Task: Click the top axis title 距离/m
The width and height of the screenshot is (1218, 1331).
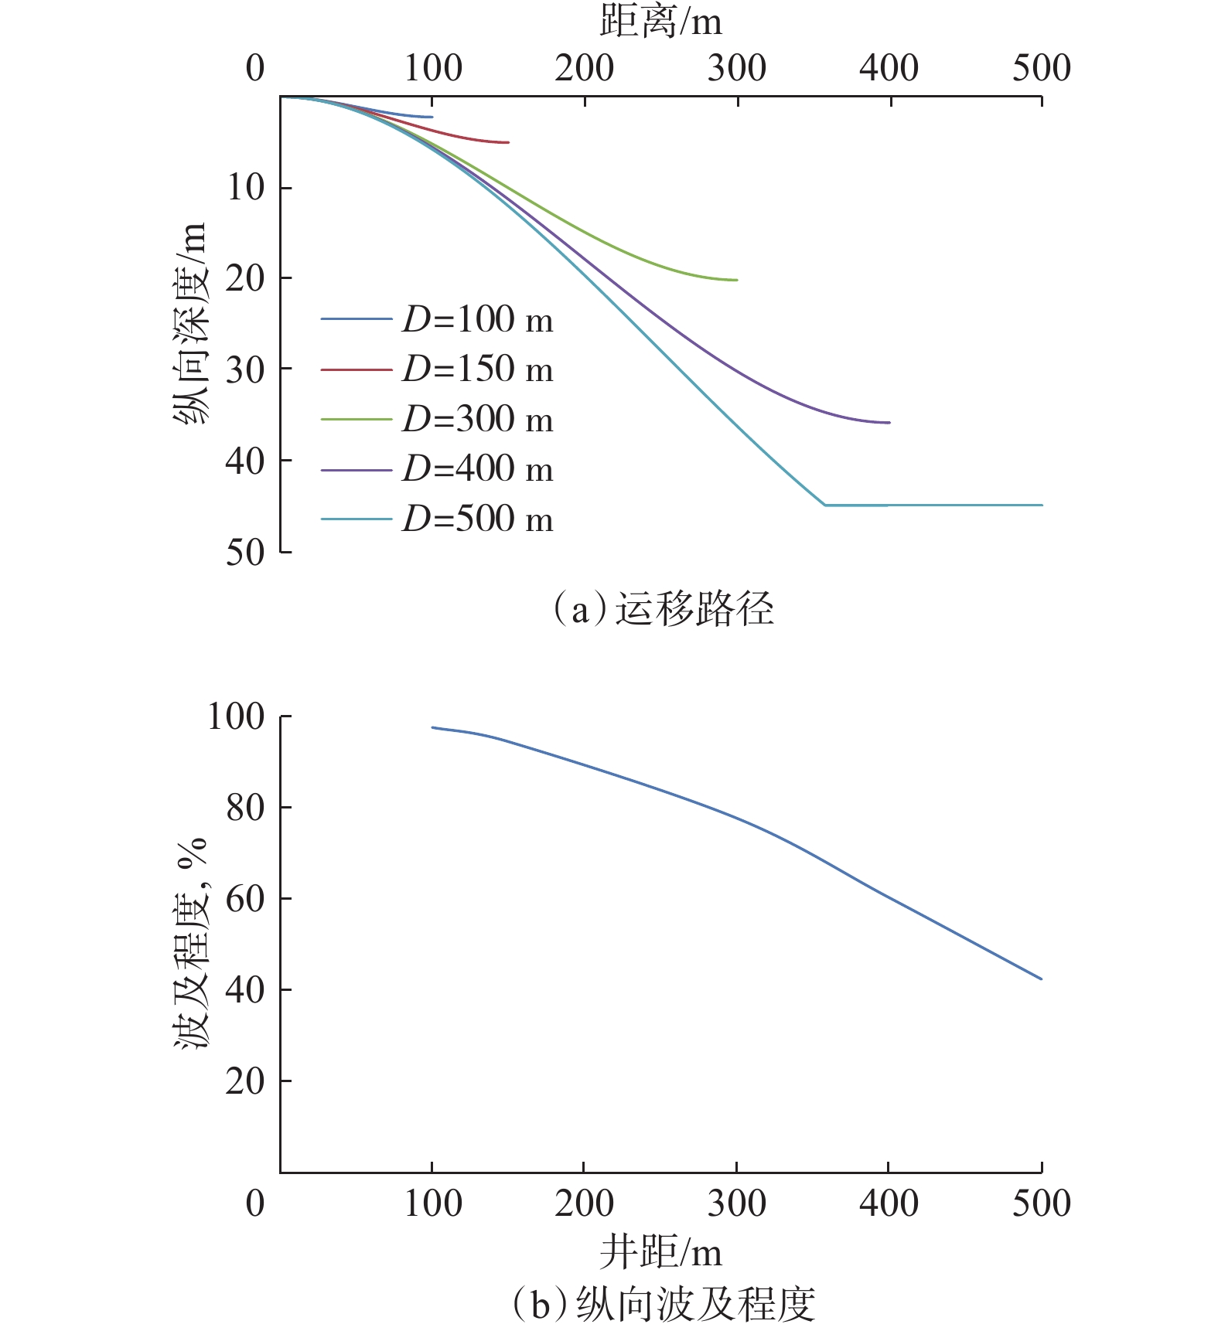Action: point(660,22)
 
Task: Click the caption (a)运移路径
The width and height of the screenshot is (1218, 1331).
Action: point(662,609)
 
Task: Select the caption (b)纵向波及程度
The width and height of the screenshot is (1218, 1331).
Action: point(662,1305)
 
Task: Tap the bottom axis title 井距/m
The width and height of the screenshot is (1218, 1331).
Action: point(660,1253)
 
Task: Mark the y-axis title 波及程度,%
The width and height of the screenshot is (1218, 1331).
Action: point(190,943)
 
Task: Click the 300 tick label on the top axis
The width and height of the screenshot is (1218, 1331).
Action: point(736,68)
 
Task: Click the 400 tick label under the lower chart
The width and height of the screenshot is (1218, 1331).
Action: point(889,1203)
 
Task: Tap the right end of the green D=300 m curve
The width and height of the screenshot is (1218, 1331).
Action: point(737,280)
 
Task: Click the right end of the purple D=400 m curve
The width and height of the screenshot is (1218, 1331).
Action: point(889,423)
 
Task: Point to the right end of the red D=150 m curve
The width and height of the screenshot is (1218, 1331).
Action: point(508,142)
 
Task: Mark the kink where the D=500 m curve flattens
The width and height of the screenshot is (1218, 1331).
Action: point(825,505)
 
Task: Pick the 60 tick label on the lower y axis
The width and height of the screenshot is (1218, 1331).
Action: point(245,899)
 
